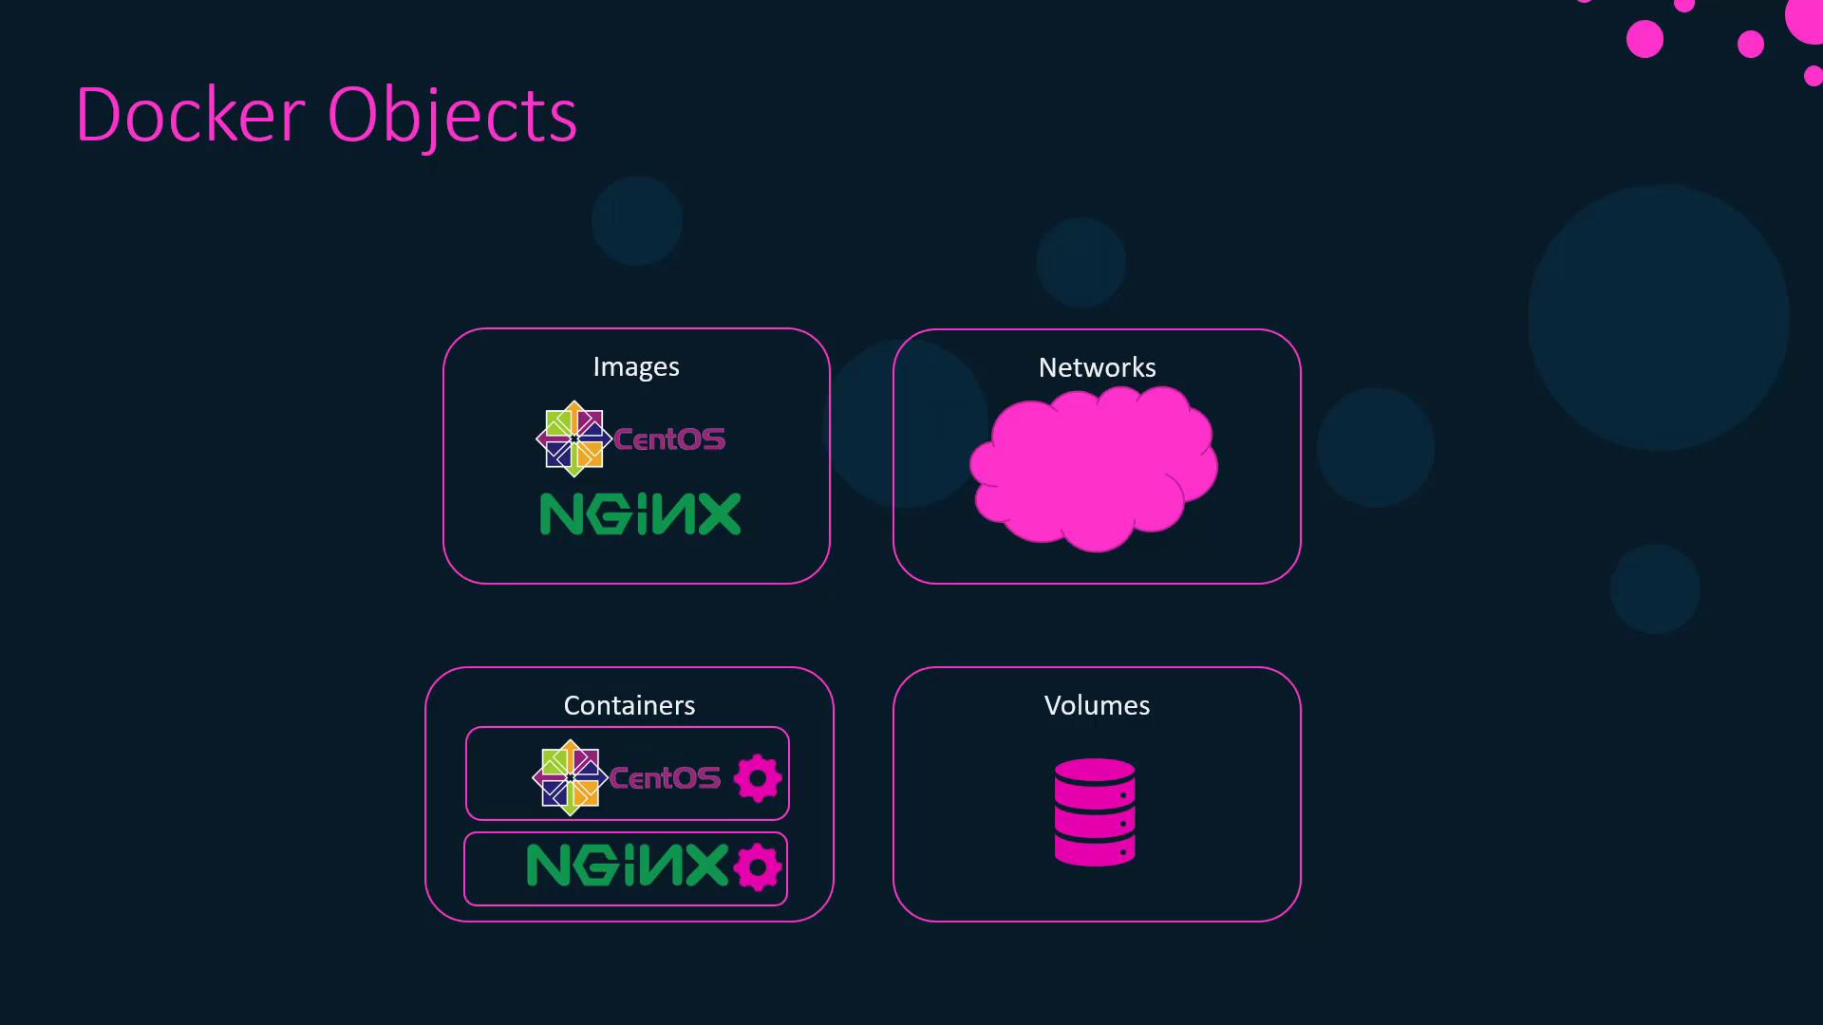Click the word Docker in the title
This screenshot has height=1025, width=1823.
click(x=190, y=115)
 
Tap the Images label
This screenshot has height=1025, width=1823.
click(x=636, y=367)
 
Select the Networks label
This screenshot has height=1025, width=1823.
click(x=1097, y=367)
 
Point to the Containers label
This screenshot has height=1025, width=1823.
click(x=630, y=705)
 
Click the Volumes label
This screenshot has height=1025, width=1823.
click(x=1097, y=705)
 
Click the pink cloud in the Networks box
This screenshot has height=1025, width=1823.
click(x=1094, y=468)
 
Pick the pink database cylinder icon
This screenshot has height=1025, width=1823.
click(x=1095, y=811)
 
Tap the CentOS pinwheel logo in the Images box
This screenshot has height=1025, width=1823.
click(x=573, y=438)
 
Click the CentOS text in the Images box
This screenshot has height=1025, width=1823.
click(x=669, y=438)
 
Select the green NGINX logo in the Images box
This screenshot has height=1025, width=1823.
click(x=640, y=513)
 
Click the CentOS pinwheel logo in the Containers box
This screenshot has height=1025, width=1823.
click(x=570, y=777)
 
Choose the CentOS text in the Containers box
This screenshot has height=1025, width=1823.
click(x=665, y=778)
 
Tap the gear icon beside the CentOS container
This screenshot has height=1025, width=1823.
click(x=758, y=778)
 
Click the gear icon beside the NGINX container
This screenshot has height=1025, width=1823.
click(x=758, y=867)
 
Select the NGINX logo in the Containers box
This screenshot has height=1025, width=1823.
click(x=628, y=865)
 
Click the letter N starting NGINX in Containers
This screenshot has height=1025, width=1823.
click(x=548, y=865)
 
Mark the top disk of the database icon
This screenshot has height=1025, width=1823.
click(x=1095, y=770)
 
